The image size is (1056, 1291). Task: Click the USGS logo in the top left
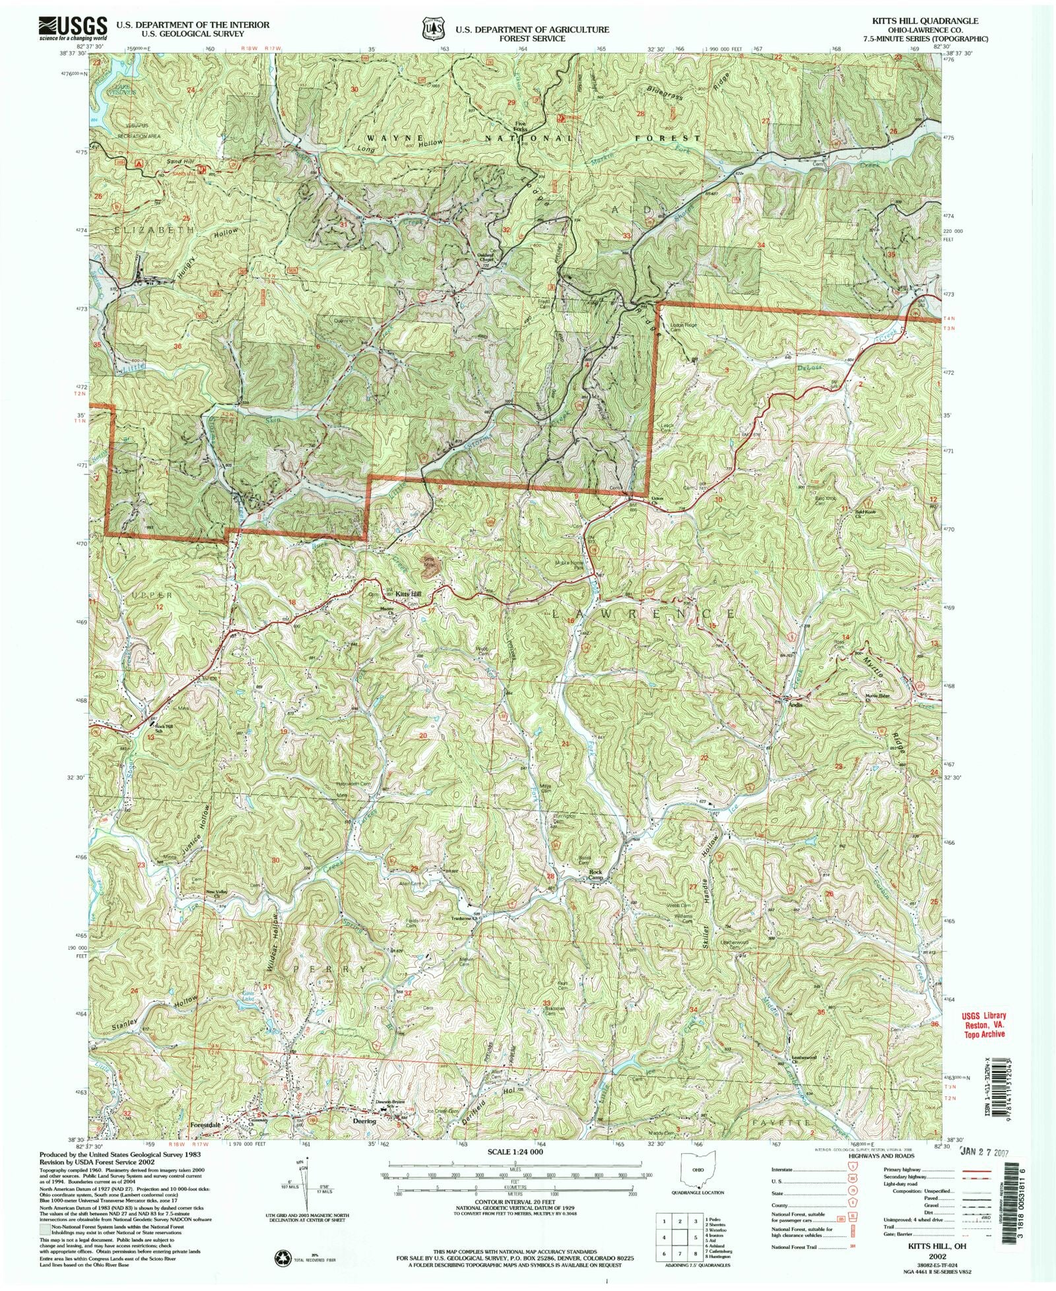73,27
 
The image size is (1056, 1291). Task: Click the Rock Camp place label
596,875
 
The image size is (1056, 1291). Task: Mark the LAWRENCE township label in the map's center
643,614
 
